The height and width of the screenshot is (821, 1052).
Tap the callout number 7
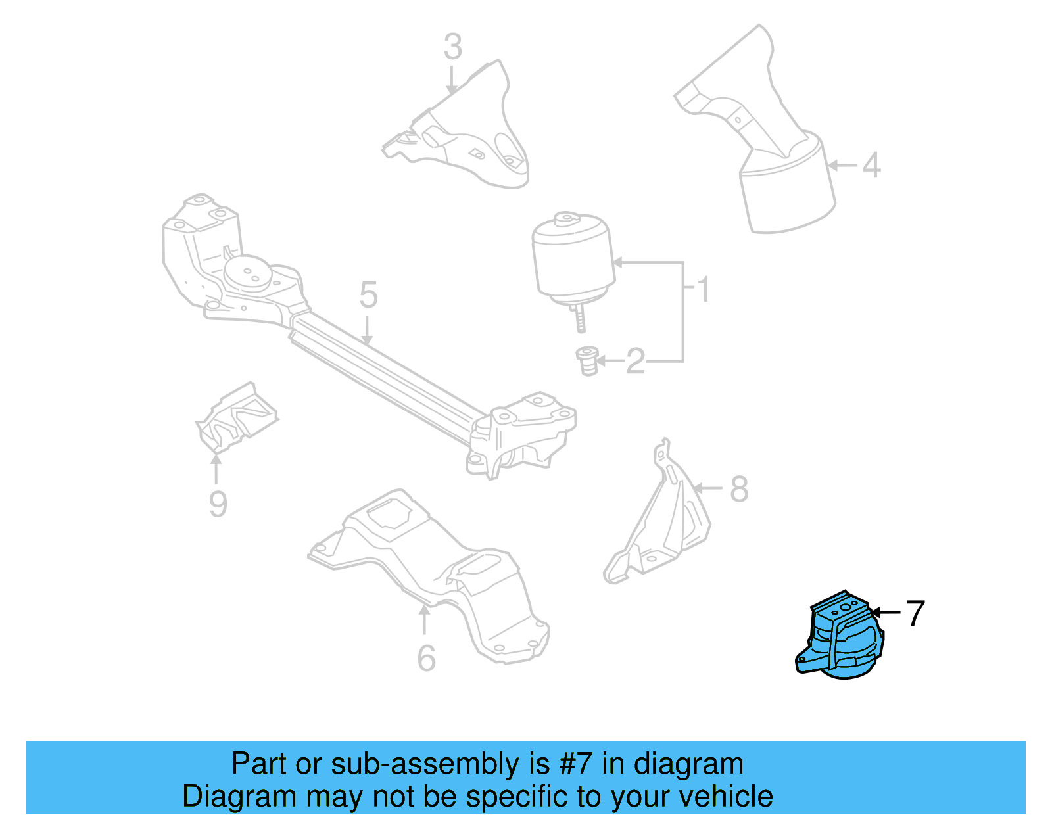(x=915, y=613)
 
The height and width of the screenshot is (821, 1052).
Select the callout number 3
(x=453, y=47)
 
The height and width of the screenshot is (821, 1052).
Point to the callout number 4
(x=871, y=165)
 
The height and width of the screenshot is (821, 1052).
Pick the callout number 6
(x=426, y=658)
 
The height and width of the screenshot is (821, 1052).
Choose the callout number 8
(x=739, y=489)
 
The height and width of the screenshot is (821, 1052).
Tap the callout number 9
(x=218, y=504)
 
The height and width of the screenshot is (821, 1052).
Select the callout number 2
(x=635, y=362)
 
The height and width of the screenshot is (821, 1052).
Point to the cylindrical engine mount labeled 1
(x=573, y=260)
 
